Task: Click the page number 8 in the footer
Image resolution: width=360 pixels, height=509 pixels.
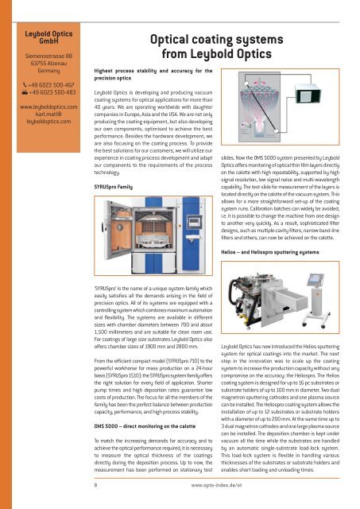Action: click(96, 482)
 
